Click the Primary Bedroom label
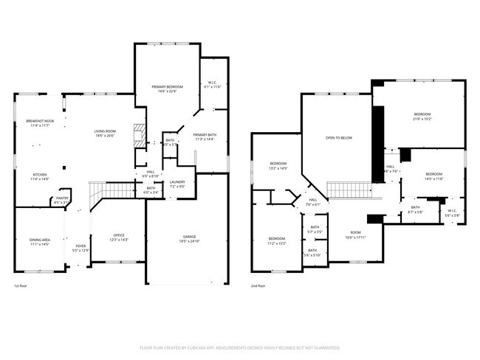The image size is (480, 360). click(x=167, y=87)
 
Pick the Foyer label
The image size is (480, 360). click(x=79, y=246)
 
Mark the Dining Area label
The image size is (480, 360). click(x=40, y=240)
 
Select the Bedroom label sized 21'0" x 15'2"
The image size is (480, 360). click(x=422, y=114)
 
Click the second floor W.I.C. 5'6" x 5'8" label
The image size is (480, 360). click(x=452, y=212)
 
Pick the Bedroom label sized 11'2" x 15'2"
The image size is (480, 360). click(x=277, y=238)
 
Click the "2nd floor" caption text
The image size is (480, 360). click(x=258, y=286)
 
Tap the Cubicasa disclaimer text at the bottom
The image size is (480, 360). click(x=239, y=347)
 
